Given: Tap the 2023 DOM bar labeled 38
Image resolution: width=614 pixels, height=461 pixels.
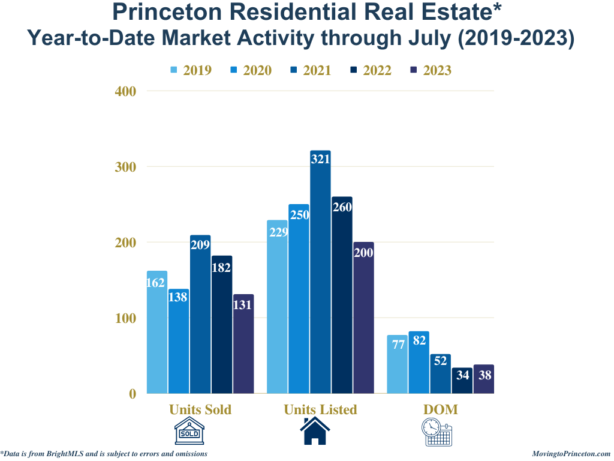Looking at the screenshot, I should tap(483, 379).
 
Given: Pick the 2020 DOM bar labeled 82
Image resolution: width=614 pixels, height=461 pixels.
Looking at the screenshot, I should tap(419, 363).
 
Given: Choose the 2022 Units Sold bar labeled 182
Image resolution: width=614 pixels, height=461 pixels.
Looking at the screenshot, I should tap(222, 324).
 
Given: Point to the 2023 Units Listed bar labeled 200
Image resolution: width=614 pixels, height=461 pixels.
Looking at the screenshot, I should tap(363, 318).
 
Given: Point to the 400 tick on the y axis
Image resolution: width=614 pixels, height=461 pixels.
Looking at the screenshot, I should tap(125, 91).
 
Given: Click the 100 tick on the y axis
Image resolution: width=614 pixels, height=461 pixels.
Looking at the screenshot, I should tap(125, 318).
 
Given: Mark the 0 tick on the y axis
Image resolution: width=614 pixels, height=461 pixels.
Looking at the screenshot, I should tap(133, 394).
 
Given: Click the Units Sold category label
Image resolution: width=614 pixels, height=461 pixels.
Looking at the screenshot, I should tap(200, 409).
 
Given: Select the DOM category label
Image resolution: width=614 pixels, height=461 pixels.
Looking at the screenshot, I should tap(440, 409).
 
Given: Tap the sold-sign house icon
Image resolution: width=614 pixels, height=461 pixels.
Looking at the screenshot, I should tap(189, 432).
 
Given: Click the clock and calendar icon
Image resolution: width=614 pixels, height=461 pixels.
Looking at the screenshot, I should tap(436, 432).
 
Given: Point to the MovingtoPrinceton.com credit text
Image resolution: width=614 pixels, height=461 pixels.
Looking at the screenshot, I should tap(571, 454).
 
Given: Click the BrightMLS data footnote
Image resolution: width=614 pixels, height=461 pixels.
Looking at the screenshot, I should tap(104, 454).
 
